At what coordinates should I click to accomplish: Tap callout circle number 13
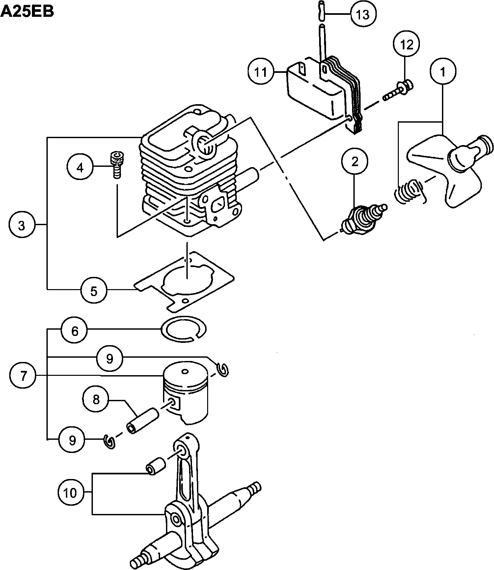[x=363, y=14]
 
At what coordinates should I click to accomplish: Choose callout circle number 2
[x=354, y=162]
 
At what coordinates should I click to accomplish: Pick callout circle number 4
[x=80, y=168]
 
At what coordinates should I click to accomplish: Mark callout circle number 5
[x=94, y=291]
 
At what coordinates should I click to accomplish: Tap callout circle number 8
[x=96, y=400]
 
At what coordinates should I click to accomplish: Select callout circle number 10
[x=70, y=493]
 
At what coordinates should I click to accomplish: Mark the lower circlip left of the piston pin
[x=109, y=441]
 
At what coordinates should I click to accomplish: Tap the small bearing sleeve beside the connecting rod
[x=155, y=465]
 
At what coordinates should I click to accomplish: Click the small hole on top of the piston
[x=185, y=372]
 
